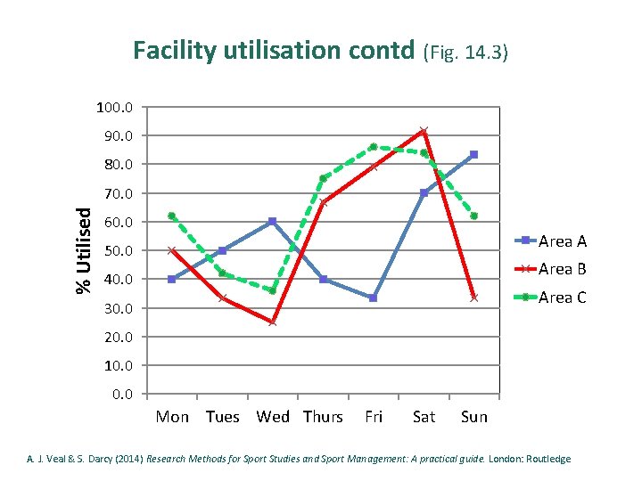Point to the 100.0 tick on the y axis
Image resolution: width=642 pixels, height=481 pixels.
(x=115, y=108)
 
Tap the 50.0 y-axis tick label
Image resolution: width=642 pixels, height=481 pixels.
(x=119, y=250)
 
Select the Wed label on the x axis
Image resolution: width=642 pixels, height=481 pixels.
(x=273, y=417)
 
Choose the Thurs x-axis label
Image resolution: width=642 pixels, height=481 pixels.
(x=323, y=417)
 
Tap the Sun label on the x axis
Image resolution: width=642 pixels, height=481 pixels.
(x=474, y=417)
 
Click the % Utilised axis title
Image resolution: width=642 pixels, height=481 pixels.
(x=84, y=250)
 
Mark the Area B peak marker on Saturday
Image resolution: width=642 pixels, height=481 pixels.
(x=424, y=131)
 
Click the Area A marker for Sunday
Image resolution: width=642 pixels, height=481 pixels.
(x=473, y=155)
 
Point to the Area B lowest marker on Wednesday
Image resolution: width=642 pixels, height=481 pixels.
(x=272, y=322)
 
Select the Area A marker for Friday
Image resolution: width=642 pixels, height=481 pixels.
(x=373, y=298)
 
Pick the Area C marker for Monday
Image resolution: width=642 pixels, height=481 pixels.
(x=171, y=216)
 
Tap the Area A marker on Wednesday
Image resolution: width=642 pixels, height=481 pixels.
(x=272, y=222)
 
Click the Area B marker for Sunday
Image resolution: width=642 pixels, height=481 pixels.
(x=473, y=298)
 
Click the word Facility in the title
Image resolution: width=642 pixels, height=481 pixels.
(x=175, y=51)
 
